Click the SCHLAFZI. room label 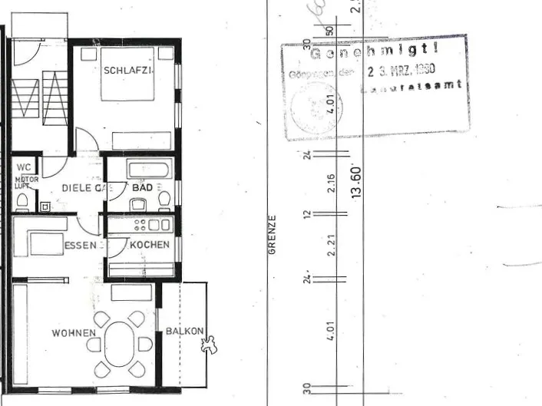[128, 70]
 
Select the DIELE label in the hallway [76, 187]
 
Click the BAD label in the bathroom [142, 187]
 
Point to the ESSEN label [81, 246]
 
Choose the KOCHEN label [150, 245]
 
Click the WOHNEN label [74, 333]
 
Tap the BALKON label [184, 332]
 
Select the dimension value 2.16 [331, 184]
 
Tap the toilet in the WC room [22, 201]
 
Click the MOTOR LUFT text [26, 183]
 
